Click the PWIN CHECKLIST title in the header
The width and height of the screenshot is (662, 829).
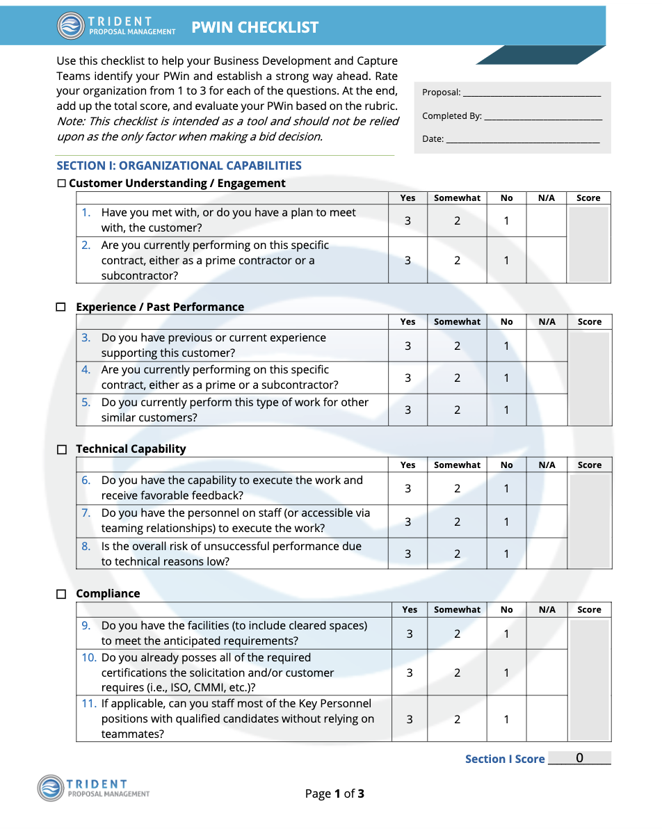pyautogui.click(x=255, y=27)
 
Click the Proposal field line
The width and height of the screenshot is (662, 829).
pyautogui.click(x=531, y=93)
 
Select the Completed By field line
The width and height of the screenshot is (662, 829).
pyautogui.click(x=542, y=117)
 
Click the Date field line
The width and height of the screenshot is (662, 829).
pyautogui.click(x=522, y=140)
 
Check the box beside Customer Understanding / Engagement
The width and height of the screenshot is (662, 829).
pyautogui.click(x=61, y=184)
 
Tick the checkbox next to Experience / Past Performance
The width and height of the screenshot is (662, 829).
pyautogui.click(x=61, y=307)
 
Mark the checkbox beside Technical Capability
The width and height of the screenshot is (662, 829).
pyautogui.click(x=61, y=450)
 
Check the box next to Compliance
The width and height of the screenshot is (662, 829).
pyautogui.click(x=61, y=594)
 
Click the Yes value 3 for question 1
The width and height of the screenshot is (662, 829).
pyautogui.click(x=407, y=220)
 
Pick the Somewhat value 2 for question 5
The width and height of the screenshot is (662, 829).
pyautogui.click(x=457, y=410)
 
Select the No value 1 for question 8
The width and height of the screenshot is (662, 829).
pyautogui.click(x=506, y=554)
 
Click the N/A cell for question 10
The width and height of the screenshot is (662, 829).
pyautogui.click(x=547, y=673)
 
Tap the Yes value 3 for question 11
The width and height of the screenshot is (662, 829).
pyautogui.click(x=410, y=719)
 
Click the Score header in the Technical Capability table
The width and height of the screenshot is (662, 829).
pyautogui.click(x=589, y=465)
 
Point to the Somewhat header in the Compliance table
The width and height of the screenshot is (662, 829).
pyautogui.click(x=457, y=610)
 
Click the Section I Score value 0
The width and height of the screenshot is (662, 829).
pyautogui.click(x=579, y=758)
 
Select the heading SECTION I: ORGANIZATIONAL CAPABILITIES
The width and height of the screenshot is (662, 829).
pyautogui.click(x=179, y=166)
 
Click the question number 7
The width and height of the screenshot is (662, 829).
pyautogui.click(x=86, y=513)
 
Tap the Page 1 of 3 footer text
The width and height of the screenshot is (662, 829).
pyautogui.click(x=334, y=794)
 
